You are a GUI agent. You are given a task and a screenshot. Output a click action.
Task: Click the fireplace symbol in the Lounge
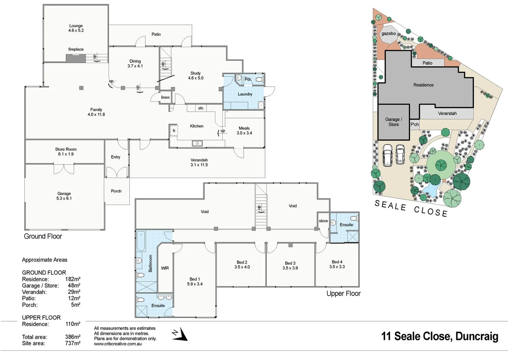(76, 58)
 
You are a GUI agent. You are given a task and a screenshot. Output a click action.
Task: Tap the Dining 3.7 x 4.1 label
(135, 64)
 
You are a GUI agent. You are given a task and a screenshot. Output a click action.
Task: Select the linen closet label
(165, 97)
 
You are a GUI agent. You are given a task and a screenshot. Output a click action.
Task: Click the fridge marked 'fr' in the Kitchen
(174, 130)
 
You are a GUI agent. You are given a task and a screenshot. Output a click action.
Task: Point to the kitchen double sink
(197, 143)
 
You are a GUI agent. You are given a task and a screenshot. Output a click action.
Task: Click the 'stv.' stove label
(201, 108)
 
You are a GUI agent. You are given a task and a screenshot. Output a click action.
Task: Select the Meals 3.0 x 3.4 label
(244, 131)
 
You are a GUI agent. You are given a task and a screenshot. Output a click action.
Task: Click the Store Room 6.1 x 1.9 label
(66, 152)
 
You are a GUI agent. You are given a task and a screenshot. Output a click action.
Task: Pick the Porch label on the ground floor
(116, 191)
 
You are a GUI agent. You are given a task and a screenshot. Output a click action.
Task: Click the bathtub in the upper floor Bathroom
(140, 241)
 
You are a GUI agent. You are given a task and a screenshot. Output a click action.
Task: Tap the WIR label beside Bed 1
(165, 268)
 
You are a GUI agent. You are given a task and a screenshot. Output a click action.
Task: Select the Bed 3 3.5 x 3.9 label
(290, 266)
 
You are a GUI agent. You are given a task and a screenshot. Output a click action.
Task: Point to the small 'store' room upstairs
(323, 221)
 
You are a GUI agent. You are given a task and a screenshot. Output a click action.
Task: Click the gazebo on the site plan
(389, 34)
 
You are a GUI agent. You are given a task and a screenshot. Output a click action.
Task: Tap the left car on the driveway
(388, 155)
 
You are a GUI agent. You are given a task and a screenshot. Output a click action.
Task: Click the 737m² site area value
(72, 343)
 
